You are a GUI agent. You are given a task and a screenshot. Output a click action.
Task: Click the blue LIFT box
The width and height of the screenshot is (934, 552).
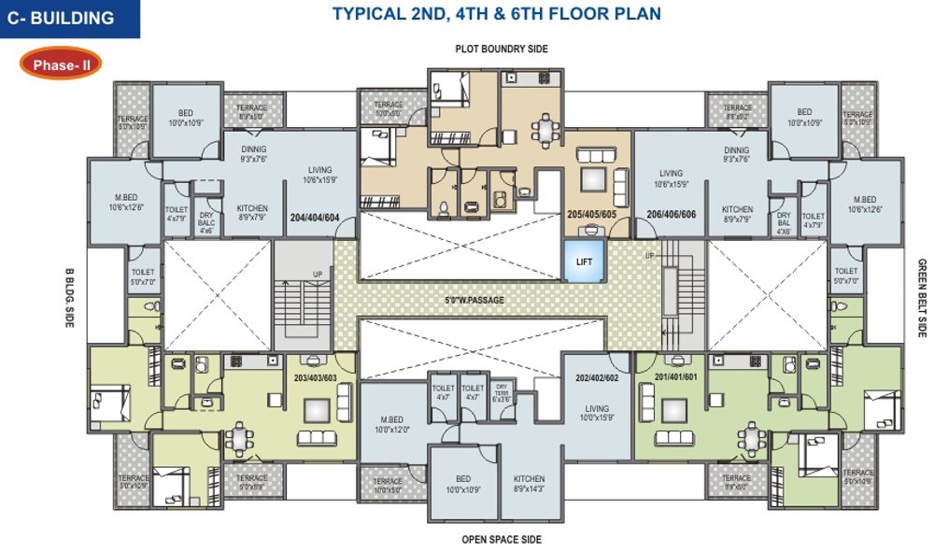(584, 261)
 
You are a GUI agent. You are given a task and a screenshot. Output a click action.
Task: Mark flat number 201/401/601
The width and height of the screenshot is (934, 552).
(676, 376)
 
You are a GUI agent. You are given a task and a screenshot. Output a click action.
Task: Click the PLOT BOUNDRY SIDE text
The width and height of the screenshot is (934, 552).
(501, 49)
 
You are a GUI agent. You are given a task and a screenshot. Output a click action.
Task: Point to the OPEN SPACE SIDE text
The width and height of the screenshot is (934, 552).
(501, 540)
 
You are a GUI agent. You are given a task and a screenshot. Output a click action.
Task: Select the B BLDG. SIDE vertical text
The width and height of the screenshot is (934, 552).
(69, 297)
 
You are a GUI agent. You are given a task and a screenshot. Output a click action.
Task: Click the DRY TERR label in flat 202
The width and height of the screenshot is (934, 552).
(502, 392)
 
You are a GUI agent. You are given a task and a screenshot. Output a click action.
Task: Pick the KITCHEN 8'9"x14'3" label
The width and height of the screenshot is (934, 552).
(528, 483)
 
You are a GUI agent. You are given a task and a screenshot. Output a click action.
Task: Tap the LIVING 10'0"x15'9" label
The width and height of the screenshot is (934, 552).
(597, 414)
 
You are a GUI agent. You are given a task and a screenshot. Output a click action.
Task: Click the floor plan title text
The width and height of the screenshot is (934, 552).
(497, 14)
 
